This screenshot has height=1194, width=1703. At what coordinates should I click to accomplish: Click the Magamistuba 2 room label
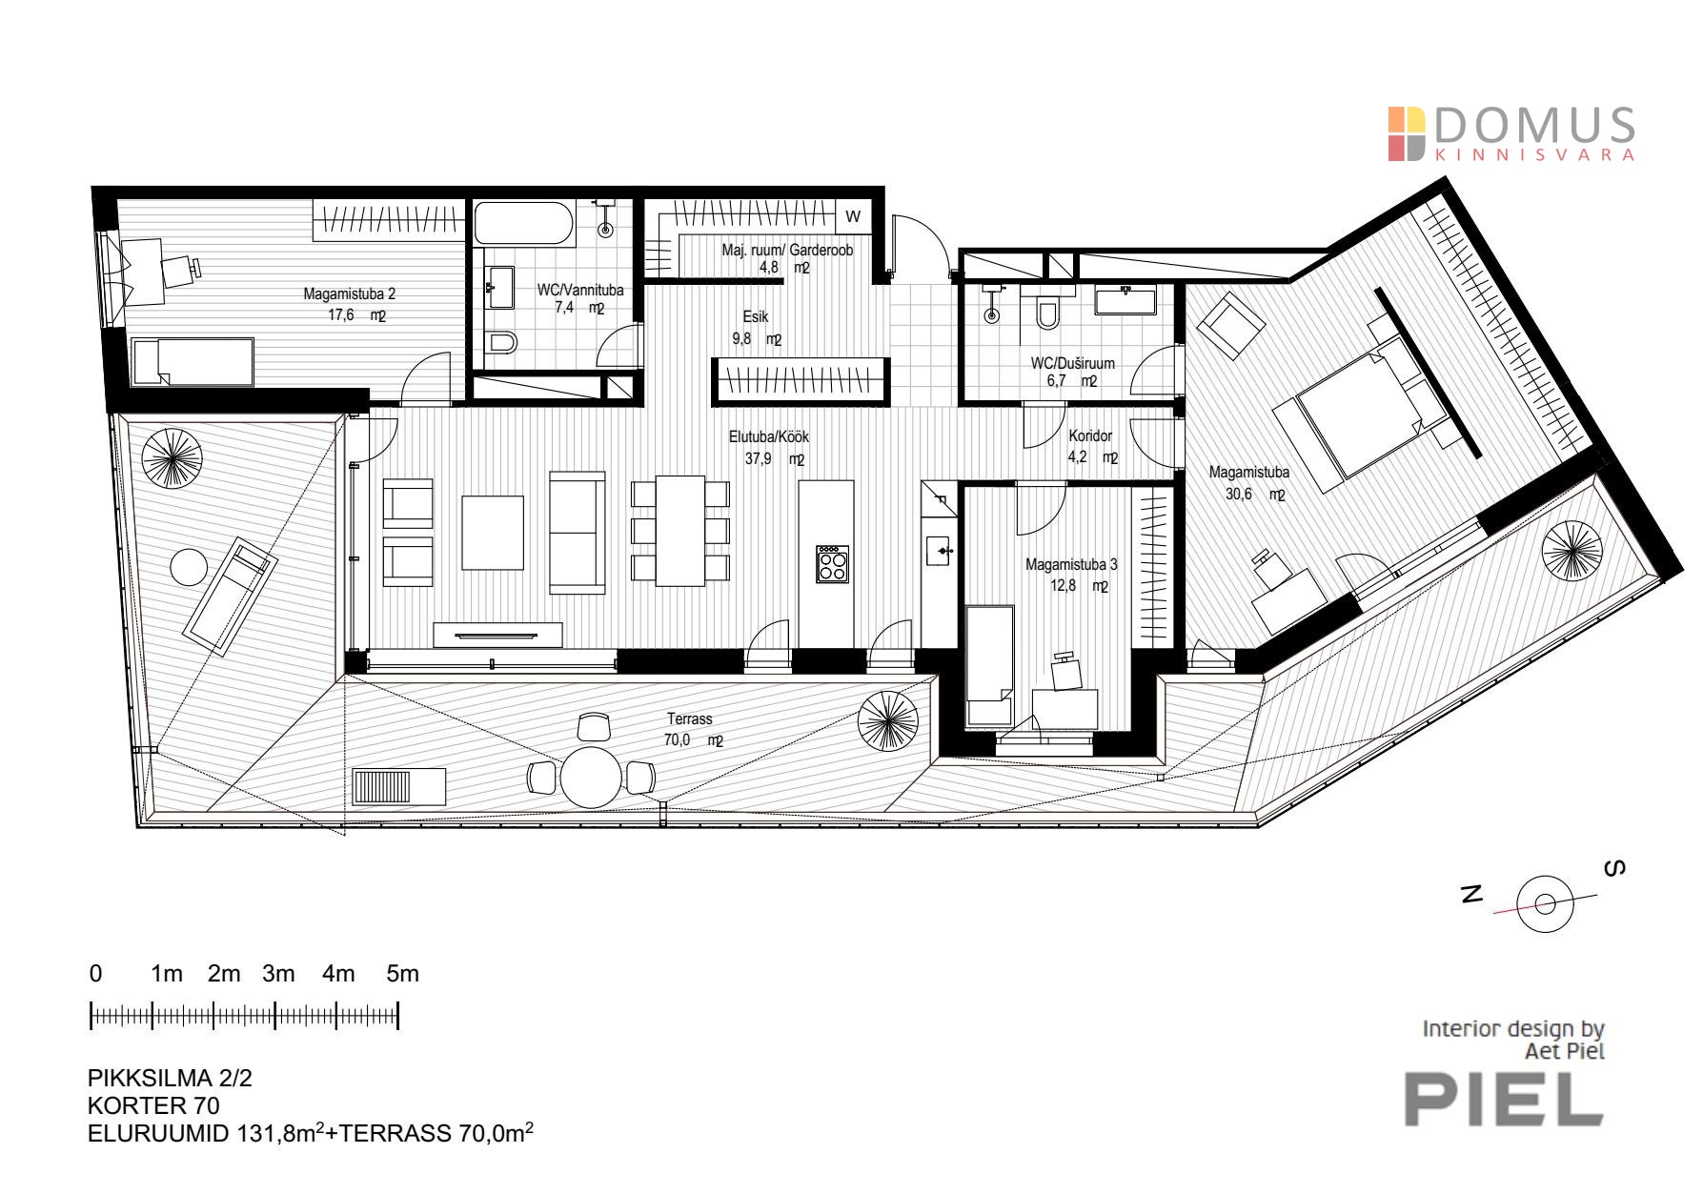pos(349,293)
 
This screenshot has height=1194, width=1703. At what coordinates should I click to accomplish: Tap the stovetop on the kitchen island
pos(832,563)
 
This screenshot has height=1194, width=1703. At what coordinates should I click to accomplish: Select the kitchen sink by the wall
pos(940,551)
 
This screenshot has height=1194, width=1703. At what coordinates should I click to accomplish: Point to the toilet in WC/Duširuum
pos(1047,312)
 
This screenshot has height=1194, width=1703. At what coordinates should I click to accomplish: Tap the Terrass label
pos(689,718)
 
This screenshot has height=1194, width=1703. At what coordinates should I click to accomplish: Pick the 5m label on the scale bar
pos(402,974)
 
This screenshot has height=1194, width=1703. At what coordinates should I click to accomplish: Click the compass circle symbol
pos(1545,902)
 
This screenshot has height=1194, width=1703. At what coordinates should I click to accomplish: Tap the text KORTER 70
pos(153,1105)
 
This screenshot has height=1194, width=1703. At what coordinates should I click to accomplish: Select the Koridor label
pos(1090,435)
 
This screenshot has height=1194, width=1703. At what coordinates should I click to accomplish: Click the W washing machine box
pos(853,216)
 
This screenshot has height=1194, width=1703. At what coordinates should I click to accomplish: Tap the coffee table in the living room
pos(493,532)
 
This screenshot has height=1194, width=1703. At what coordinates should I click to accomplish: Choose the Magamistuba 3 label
pos(1071,564)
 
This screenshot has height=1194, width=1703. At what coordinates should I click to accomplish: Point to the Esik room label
pos(756,316)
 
